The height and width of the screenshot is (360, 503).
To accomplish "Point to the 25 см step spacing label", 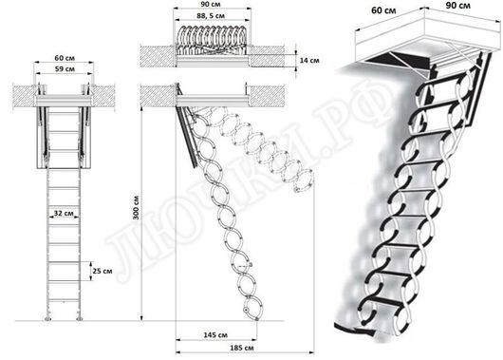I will tap(102, 270).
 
